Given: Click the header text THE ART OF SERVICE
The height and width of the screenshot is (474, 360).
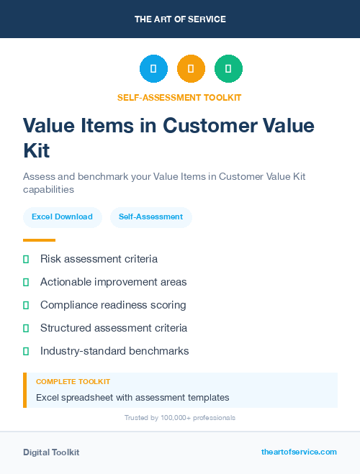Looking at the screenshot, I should (180, 19).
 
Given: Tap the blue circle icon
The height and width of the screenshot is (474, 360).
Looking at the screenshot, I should (153, 68).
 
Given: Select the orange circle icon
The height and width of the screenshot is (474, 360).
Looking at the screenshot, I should (191, 68).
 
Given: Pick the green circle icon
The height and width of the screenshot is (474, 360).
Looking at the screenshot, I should (228, 68).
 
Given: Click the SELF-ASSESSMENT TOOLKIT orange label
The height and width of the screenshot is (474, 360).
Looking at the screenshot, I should (179, 97).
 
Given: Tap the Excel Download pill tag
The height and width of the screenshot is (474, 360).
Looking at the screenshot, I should (62, 217).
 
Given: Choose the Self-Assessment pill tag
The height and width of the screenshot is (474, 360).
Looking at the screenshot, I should (150, 217).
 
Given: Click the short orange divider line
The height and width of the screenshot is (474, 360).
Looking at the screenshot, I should (39, 240).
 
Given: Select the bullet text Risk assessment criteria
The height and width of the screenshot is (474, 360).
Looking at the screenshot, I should (99, 259).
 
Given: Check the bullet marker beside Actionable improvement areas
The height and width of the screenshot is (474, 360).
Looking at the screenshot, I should (26, 282).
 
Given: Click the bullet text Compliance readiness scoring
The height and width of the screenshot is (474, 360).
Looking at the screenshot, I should (113, 305).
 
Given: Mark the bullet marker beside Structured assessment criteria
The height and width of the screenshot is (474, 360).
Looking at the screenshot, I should (26, 328).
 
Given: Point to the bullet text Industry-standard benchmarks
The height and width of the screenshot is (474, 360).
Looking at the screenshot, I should (114, 351).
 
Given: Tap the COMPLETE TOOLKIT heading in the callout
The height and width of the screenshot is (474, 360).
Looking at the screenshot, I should (73, 381).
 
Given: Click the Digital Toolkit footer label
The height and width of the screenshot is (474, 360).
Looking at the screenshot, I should (51, 452).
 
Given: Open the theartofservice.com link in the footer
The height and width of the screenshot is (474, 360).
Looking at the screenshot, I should (299, 452).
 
